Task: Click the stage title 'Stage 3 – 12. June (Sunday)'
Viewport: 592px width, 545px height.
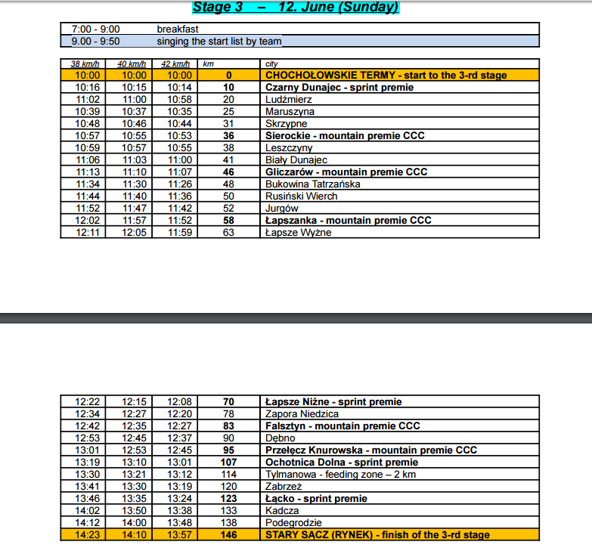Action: coord(295,8)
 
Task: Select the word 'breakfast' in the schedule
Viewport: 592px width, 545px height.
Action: coord(178,29)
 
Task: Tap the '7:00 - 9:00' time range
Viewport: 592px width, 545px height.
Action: coord(95,29)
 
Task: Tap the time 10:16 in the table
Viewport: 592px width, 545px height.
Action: coord(87,88)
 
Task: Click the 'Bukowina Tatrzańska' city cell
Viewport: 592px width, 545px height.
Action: coord(312,184)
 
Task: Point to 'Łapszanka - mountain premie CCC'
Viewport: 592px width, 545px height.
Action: coord(348,221)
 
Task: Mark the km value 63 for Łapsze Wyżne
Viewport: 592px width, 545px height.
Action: coord(228,233)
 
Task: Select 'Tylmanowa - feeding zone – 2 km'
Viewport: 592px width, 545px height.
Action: coord(340,475)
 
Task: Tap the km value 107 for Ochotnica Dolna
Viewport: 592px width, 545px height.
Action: coord(228,463)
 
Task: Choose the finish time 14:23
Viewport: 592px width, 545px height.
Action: coord(87,535)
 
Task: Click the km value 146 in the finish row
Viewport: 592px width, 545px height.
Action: coord(228,535)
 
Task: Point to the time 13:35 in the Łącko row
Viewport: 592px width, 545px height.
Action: coord(133,499)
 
